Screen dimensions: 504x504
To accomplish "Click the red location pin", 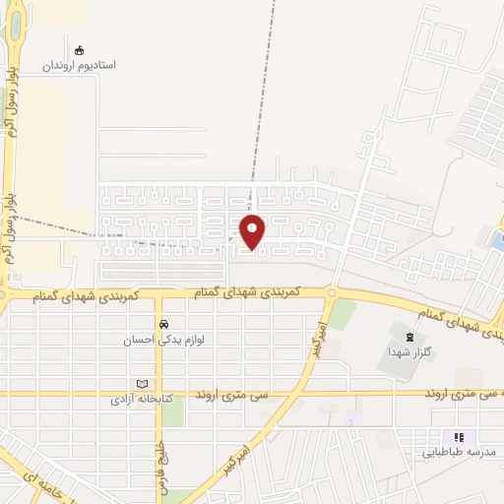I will (254, 231).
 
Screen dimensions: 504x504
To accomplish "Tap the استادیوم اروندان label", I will (79, 65).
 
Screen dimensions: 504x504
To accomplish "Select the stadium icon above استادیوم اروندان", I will (80, 48).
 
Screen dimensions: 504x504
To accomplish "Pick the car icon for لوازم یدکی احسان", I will (161, 324).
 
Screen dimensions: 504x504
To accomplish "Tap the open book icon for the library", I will (143, 385).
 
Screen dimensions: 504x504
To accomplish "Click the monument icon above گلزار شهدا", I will (409, 338).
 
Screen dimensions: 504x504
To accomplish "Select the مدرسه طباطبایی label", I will (457, 453).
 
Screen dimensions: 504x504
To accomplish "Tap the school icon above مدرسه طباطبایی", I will (458, 437).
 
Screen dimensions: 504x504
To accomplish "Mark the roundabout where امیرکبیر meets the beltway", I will (332, 292).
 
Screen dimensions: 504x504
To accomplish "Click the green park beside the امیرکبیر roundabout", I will (343, 313).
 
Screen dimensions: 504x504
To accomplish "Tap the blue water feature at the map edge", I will (497, 238).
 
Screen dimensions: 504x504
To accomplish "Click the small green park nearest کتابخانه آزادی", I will (172, 411).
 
